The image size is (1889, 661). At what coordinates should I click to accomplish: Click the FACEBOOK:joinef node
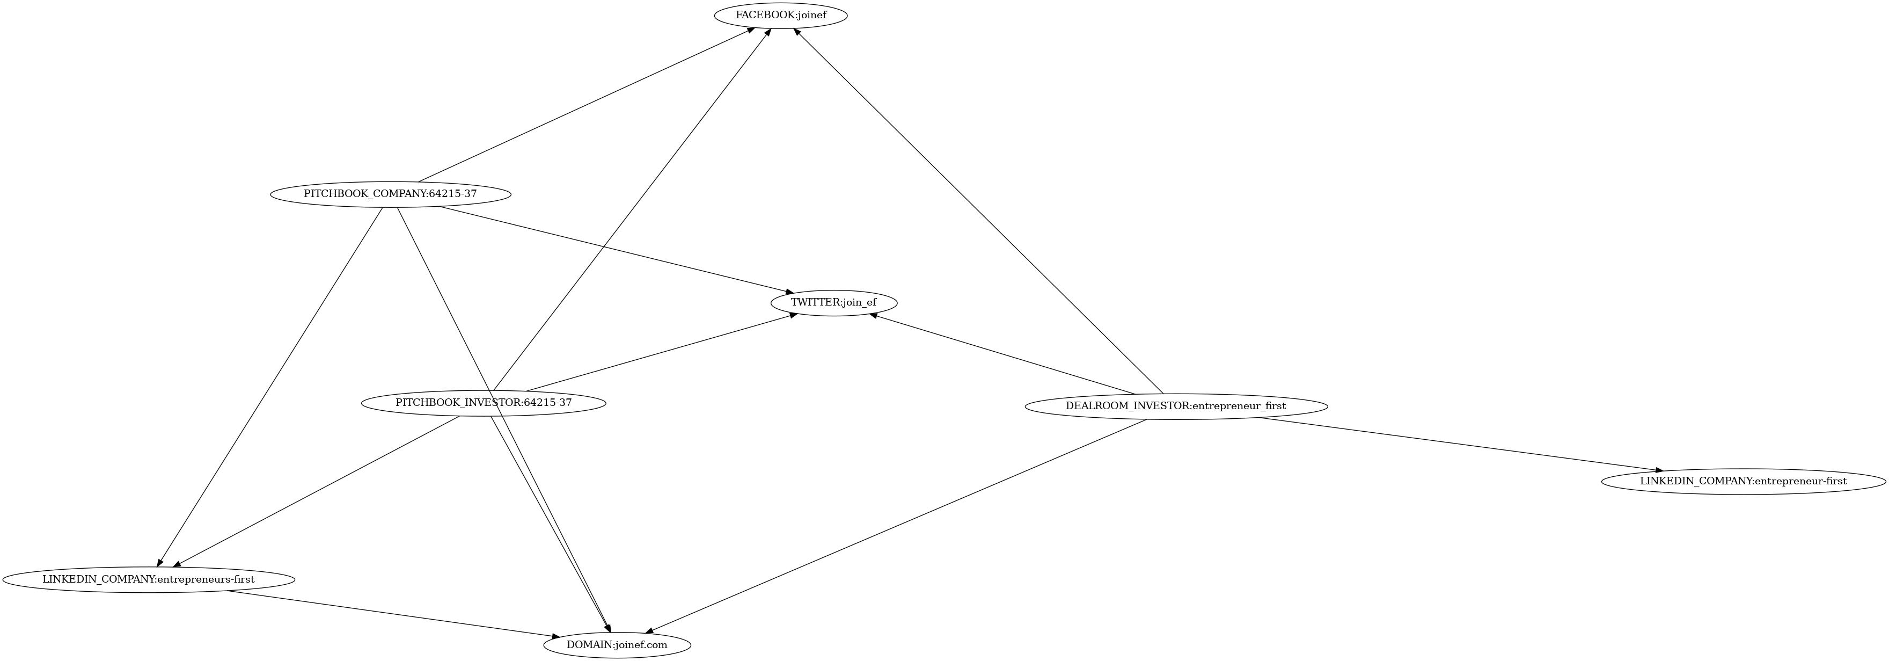click(x=781, y=16)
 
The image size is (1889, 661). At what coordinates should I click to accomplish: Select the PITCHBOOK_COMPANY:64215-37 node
click(x=390, y=194)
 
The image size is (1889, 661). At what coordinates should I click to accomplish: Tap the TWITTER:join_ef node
click(x=833, y=302)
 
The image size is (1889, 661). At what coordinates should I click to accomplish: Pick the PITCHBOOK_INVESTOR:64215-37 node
click(x=483, y=403)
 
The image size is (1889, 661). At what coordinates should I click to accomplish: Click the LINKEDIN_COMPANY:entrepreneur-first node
click(x=1743, y=481)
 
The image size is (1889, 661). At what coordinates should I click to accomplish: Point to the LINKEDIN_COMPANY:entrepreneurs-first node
click(x=148, y=579)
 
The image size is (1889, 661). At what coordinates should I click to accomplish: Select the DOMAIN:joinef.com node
click(x=617, y=645)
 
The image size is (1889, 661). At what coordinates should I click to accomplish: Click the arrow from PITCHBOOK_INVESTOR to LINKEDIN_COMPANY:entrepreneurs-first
click(x=316, y=491)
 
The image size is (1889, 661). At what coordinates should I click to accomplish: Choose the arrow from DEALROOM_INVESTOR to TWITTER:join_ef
click(x=1002, y=354)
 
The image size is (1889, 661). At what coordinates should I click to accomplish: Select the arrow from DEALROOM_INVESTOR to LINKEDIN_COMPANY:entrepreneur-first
click(x=1459, y=444)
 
